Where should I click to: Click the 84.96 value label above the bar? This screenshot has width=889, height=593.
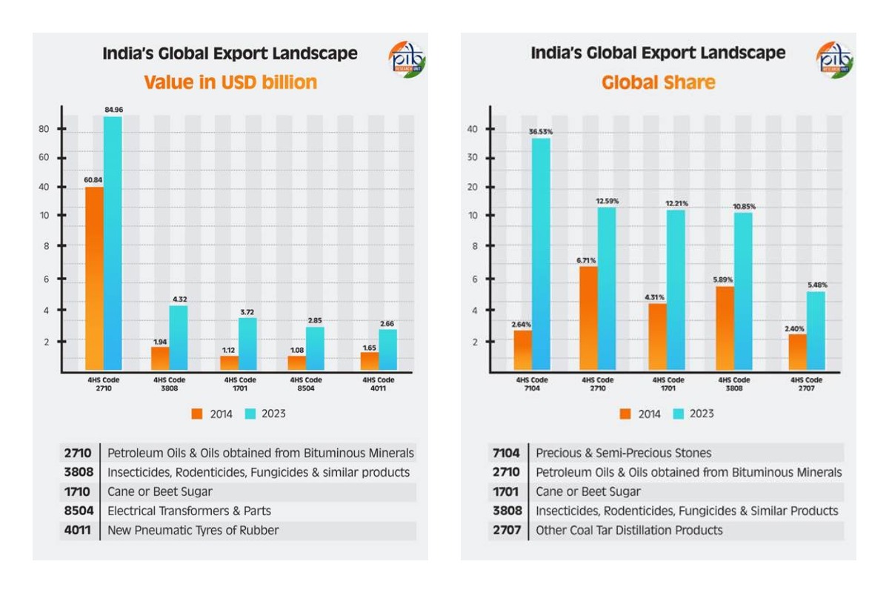click(113, 110)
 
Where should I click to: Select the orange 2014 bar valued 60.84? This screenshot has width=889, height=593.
click(95, 278)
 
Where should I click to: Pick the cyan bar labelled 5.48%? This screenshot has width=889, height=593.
click(816, 330)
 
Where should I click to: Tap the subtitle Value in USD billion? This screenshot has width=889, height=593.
click(230, 82)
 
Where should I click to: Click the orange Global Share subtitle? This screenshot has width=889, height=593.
click(658, 82)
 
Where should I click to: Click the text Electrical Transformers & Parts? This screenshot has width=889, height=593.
click(190, 511)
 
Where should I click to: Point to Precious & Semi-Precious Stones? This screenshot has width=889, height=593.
click(624, 453)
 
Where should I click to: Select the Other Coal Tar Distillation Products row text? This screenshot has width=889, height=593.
click(629, 530)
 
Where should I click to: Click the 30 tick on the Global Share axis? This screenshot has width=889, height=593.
click(472, 158)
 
